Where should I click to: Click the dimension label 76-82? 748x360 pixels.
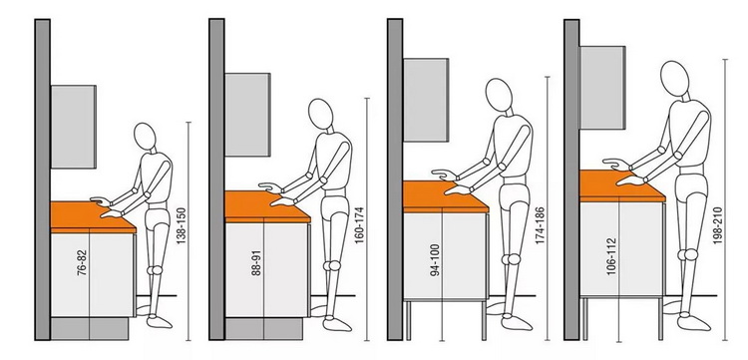(x=83, y=263)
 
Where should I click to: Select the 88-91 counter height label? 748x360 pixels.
(x=256, y=263)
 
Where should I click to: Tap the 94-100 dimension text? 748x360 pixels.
(x=435, y=261)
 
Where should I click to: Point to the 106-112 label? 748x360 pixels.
(x=612, y=256)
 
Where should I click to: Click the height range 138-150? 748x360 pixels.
(x=181, y=226)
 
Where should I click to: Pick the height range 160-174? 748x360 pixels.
(x=359, y=225)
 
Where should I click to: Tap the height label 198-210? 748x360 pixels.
(x=718, y=225)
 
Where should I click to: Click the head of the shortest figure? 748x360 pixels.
(x=145, y=136)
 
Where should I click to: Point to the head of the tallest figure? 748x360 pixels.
(x=674, y=77)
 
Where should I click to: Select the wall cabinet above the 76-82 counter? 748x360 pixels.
(x=74, y=127)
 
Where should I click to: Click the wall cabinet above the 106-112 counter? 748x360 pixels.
(x=602, y=88)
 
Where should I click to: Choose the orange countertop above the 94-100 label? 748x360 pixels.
(x=445, y=196)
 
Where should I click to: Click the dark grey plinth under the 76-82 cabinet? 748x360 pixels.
(x=90, y=328)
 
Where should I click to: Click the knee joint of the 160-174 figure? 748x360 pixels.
(x=332, y=265)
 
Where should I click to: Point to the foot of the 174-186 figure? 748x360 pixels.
(x=517, y=323)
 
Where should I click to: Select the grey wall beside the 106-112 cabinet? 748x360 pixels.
(x=571, y=180)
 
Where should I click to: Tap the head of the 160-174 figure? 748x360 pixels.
(x=320, y=114)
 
